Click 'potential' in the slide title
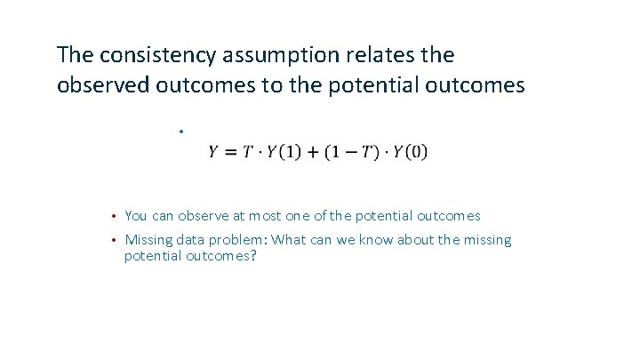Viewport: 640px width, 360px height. pos(372,85)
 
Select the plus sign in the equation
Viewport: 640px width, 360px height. pos(312,152)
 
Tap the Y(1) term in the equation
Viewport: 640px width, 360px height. pos(284,152)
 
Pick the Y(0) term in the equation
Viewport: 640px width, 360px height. pos(409,152)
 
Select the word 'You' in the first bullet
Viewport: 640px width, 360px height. pos(136,216)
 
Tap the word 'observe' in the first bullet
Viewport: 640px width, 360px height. pos(203,216)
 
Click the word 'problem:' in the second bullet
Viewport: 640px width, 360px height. pos(241,241)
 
